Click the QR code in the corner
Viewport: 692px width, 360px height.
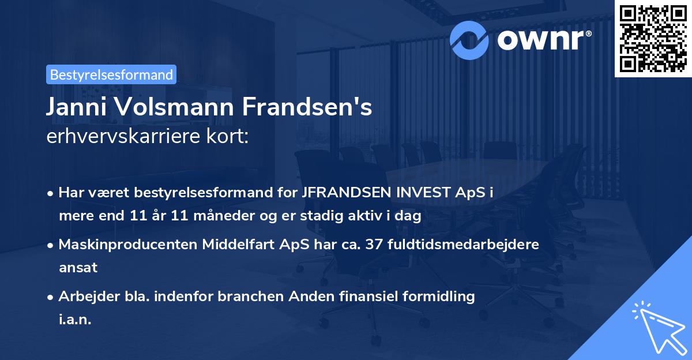pyautogui.click(x=652, y=38)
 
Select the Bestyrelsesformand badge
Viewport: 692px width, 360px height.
pyautogui.click(x=111, y=74)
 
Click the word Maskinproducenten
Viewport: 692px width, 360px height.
pyautogui.click(x=128, y=244)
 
